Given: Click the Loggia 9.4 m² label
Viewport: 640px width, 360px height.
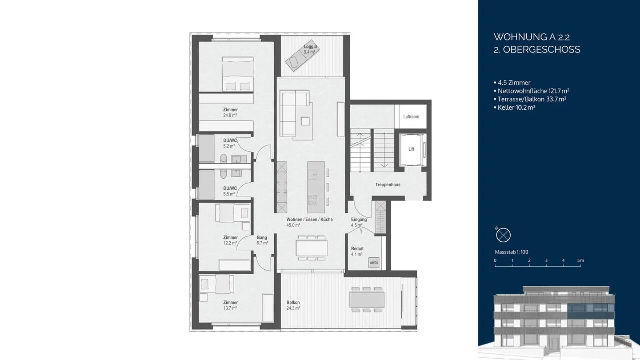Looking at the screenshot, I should (310, 49).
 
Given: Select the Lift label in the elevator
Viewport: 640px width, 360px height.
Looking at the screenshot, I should (411, 149).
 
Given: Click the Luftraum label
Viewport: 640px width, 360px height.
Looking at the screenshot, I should (411, 117).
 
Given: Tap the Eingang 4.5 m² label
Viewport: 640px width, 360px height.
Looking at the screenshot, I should (359, 222).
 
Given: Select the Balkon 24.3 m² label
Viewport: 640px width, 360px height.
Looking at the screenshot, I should (293, 305).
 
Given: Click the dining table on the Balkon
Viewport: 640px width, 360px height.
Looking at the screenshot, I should (367, 299).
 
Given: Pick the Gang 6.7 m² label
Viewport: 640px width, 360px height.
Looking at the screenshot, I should (262, 240).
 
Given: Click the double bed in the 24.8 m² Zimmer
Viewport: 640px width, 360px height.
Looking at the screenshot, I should (238, 74).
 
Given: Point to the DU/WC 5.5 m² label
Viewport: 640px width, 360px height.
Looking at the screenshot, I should (230, 191).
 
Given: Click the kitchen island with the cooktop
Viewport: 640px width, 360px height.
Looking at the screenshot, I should (313, 187).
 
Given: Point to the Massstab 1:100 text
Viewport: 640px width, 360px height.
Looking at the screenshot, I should (511, 252).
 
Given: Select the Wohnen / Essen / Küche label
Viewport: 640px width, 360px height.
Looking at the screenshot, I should (309, 220).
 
